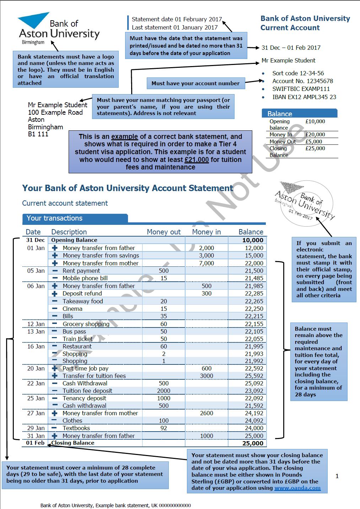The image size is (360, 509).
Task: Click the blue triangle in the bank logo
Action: [33, 20]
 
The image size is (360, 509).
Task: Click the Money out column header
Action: [163, 232]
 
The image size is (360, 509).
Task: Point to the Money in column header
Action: [206, 232]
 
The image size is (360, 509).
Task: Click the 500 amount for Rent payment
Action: [163, 271]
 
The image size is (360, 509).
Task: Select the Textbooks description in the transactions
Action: [76, 428]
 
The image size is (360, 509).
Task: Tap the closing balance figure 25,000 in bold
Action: [253, 443]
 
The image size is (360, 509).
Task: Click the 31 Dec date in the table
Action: [35, 240]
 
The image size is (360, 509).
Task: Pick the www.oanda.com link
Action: [297, 488]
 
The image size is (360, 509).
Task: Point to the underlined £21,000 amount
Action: [197, 159]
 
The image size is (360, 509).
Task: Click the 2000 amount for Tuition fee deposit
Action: [163, 391]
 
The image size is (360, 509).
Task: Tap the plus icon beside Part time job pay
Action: [55, 368]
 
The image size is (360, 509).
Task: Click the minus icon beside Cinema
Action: [55, 309]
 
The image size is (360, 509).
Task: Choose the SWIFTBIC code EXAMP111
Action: [301, 89]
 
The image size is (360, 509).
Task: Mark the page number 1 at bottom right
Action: [337, 476]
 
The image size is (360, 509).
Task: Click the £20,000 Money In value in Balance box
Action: [315, 135]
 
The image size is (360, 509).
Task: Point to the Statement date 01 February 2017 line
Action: [176, 19]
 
